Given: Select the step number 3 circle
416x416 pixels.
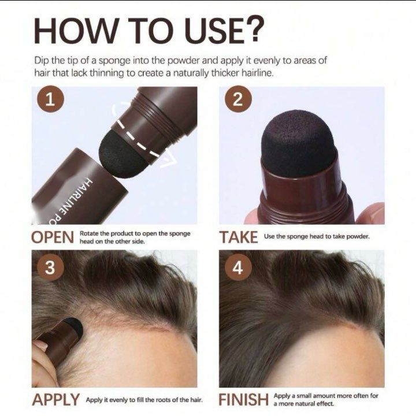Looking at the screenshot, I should (x=51, y=268).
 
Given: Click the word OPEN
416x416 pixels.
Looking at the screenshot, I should (x=53, y=237).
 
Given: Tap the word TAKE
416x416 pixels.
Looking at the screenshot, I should (x=238, y=237).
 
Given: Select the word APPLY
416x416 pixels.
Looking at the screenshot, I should (x=55, y=400).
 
